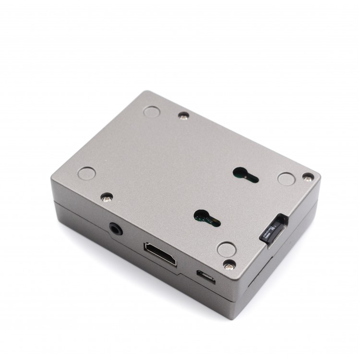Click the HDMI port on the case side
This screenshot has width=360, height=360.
pyautogui.click(x=160, y=254)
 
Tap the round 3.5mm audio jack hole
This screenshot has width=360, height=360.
pyautogui.click(x=116, y=228)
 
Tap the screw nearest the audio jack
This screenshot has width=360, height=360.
pyautogui.click(x=107, y=197)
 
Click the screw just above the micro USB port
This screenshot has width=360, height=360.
pyautogui.click(x=229, y=264)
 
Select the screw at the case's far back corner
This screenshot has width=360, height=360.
pyautogui.click(x=183, y=115)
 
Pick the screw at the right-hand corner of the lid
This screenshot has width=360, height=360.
pyautogui.click(x=307, y=178)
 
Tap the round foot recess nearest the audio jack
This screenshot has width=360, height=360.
pyautogui.click(x=87, y=173)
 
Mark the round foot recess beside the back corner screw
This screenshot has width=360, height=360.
pyautogui.click(x=152, y=112)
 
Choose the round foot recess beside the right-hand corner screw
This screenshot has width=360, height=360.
pyautogui.click(x=287, y=179)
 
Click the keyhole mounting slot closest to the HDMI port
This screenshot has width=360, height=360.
pyautogui.click(x=206, y=218)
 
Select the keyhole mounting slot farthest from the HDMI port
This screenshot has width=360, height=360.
pyautogui.click(x=245, y=175)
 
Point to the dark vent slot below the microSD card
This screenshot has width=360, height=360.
pyautogui.click(x=257, y=274)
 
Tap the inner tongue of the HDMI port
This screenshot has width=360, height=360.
pyautogui.click(x=160, y=253)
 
